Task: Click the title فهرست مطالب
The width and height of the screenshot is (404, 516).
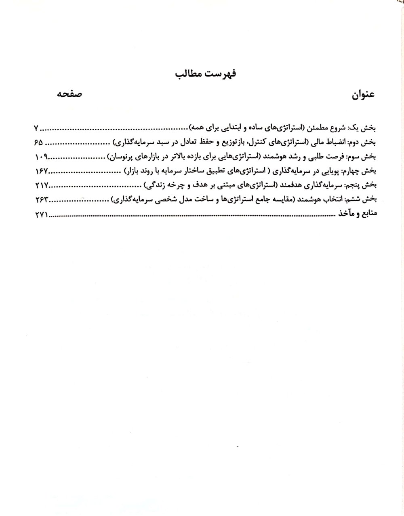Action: coord(206,74)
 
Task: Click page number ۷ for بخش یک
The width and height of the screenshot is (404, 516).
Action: coord(36,129)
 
